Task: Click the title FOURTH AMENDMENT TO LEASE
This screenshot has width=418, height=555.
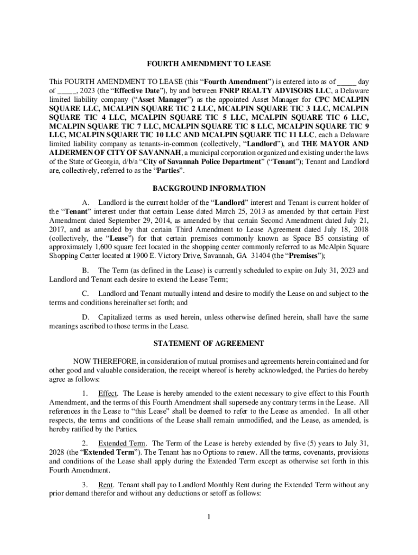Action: [x=209, y=64]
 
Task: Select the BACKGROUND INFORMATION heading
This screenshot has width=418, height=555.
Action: [x=209, y=189]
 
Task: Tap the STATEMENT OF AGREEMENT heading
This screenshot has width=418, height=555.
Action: [x=209, y=344]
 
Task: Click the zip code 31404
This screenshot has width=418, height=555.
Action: [x=246, y=255]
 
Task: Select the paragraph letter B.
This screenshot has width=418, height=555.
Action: [x=85, y=270]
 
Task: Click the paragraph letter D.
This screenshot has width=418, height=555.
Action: [x=85, y=317]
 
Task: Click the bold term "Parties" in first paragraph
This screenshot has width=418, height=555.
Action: [x=169, y=170]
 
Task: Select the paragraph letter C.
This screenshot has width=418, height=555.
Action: [x=85, y=293]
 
